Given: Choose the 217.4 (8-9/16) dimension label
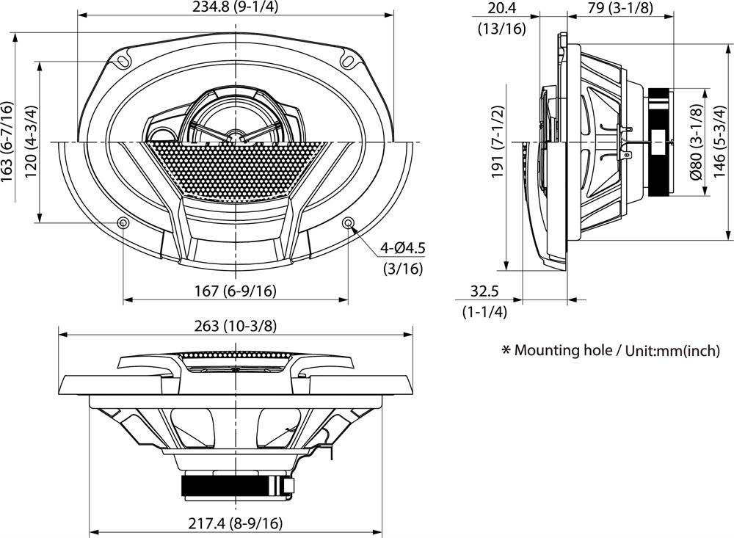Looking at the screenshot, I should (x=233, y=523).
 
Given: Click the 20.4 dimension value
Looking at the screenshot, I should (x=501, y=8).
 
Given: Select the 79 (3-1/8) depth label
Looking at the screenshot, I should (x=622, y=8).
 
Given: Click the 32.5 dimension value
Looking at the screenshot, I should (x=484, y=291).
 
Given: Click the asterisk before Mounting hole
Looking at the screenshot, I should (x=506, y=350).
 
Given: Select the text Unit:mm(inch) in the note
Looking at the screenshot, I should (x=673, y=351).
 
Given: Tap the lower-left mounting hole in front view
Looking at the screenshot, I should (x=123, y=222).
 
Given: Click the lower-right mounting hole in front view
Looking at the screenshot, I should (x=348, y=222).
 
